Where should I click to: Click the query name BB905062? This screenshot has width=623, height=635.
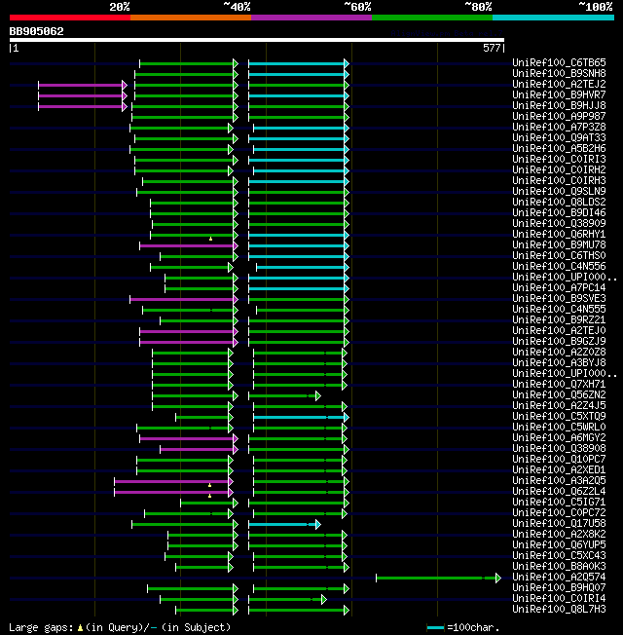tap(37, 31)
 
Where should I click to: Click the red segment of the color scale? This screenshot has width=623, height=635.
tap(69, 18)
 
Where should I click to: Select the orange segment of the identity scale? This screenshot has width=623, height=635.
tap(190, 18)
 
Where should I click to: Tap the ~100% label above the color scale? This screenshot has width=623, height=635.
tap(596, 7)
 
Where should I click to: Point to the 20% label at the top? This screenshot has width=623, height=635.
tap(120, 7)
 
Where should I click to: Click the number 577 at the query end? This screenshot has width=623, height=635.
tap(492, 47)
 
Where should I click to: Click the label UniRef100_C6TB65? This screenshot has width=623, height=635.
tap(559, 62)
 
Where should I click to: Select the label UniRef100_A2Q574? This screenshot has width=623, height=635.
tap(559, 578)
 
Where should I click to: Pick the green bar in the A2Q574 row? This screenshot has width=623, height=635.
tap(436, 578)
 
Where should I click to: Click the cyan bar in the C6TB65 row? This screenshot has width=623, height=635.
tap(298, 62)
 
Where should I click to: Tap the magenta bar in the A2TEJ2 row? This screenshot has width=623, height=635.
tap(82, 85)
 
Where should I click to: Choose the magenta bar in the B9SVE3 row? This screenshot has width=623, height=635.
tap(183, 299)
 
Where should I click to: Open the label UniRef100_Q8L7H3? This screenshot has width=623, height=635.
tap(559, 610)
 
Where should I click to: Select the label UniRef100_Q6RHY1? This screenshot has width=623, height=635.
tap(559, 235)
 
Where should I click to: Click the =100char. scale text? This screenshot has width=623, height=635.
tap(474, 627)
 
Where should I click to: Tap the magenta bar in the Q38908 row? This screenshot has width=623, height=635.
tap(198, 449)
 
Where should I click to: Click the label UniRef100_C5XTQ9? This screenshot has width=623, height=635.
tap(559, 417)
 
